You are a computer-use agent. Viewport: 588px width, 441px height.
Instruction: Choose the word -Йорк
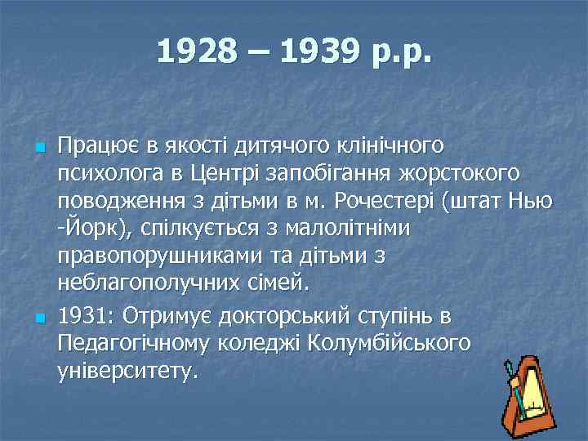click(87, 229)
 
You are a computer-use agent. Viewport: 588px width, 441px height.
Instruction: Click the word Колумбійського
click(390, 343)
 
